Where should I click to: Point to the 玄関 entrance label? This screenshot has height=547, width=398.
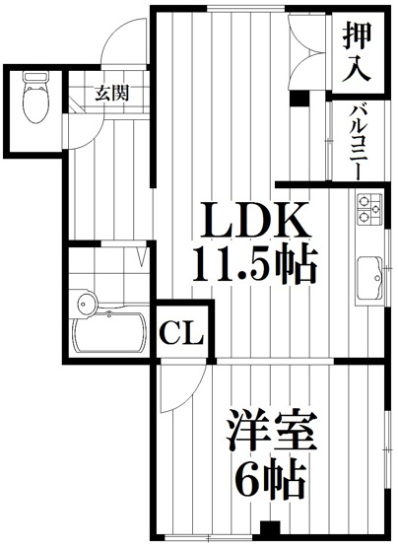point(108,95)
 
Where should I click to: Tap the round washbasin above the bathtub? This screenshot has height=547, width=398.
point(85,302)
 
